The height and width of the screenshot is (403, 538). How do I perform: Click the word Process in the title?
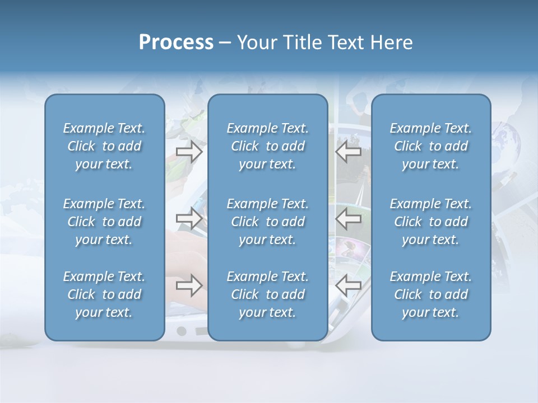pyautogui.click(x=176, y=43)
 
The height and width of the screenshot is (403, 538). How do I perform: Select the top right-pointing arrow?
pyautogui.click(x=189, y=152)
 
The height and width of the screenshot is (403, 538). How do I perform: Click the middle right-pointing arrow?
pyautogui.click(x=189, y=218)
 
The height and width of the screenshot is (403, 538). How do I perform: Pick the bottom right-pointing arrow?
pyautogui.click(x=189, y=285)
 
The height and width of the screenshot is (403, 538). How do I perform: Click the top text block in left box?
pyautogui.click(x=104, y=146)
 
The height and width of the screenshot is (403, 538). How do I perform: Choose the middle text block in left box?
pyautogui.click(x=104, y=222)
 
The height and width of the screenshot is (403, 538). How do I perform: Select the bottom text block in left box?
pyautogui.click(x=104, y=294)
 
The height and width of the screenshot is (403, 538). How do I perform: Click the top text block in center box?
pyautogui.click(x=268, y=146)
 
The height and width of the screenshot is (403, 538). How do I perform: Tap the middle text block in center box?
pyautogui.click(x=268, y=222)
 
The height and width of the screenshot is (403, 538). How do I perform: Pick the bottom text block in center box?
pyautogui.click(x=268, y=294)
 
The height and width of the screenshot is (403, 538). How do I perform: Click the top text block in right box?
pyautogui.click(x=431, y=146)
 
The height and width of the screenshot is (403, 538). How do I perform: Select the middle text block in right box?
pyautogui.click(x=431, y=222)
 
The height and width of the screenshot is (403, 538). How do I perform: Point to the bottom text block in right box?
pyautogui.click(x=431, y=294)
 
